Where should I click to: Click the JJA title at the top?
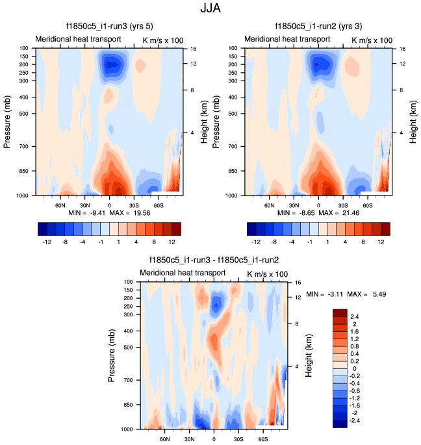point(210,9)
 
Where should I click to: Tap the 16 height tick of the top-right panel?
point(402,49)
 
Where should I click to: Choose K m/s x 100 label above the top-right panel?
point(372,40)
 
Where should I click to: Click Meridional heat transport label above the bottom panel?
point(183,273)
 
